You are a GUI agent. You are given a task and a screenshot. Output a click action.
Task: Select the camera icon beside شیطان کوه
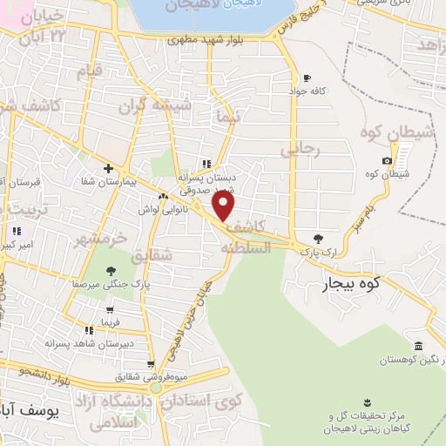click(387, 160)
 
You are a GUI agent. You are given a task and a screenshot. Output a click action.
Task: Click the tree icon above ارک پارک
click(318, 238)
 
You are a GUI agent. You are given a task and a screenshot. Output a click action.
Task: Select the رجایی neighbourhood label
click(301, 150)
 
